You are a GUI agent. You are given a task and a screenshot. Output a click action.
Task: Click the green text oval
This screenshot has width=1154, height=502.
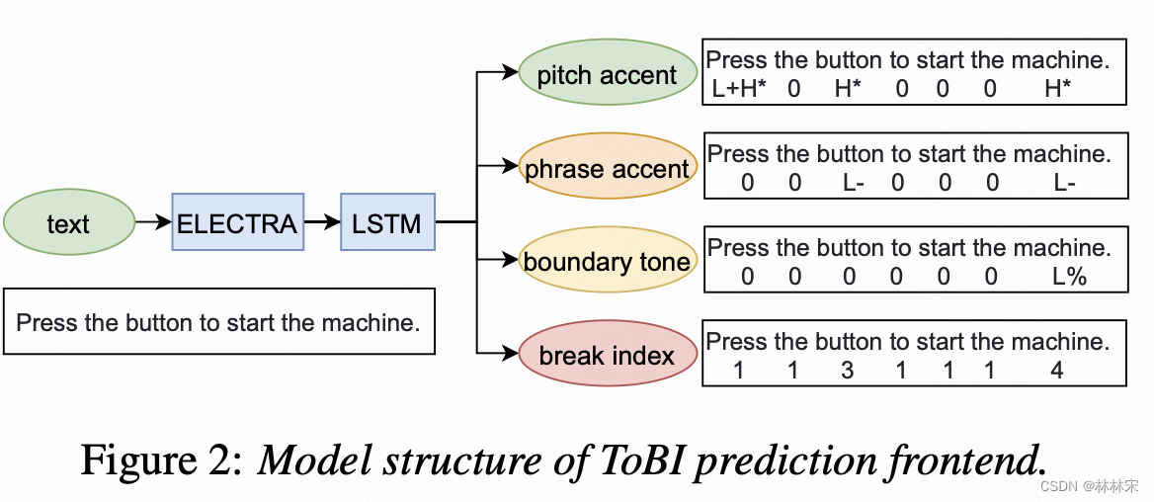[68, 223]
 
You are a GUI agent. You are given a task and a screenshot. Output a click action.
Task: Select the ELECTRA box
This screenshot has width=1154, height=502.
[236, 223]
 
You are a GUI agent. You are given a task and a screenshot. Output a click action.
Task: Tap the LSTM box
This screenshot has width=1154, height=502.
[386, 223]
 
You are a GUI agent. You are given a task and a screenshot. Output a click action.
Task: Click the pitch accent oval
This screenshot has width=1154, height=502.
[607, 75]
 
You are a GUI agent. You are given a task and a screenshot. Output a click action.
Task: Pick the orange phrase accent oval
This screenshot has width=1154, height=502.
[607, 169]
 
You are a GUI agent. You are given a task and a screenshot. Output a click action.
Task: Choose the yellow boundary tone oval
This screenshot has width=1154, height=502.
[607, 262]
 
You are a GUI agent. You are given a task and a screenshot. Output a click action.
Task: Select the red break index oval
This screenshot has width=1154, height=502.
[607, 355]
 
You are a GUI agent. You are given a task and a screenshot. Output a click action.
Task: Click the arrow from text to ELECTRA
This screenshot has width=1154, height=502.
[153, 223]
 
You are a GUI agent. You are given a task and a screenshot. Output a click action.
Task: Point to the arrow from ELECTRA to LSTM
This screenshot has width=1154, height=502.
[321, 223]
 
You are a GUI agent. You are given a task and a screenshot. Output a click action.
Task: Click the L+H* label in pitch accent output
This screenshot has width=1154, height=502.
[739, 89]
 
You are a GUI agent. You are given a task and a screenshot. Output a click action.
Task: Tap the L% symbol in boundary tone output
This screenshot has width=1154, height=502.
[1069, 277]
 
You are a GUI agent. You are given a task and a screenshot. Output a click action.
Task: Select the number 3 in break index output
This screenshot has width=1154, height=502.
[848, 371]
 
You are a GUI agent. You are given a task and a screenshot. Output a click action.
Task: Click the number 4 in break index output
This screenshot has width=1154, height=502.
[1058, 371]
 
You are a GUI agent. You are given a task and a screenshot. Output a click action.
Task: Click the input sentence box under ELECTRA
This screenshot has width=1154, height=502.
[218, 322]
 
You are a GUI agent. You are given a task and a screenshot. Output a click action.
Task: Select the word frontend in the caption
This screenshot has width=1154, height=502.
[963, 460]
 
